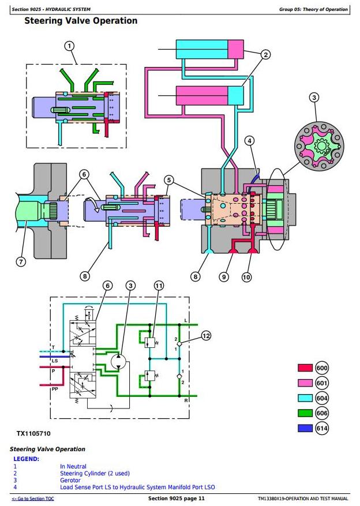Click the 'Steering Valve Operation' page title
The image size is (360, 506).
point(81,21)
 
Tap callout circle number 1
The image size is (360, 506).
point(69,46)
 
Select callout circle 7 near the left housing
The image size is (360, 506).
point(21,261)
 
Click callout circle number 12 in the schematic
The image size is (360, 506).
point(206,335)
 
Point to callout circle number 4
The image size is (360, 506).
point(249,141)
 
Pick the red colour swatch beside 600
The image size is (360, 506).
point(305,368)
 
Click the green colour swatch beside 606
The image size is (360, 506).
point(305,413)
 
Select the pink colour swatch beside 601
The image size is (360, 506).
point(305,383)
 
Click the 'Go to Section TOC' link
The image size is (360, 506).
point(33,498)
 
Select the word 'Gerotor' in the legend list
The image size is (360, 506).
point(70,480)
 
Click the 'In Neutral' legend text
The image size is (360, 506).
point(73,466)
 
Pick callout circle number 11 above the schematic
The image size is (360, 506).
point(159,286)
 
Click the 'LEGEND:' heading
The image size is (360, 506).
point(26,459)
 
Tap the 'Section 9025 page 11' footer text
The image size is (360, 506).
point(177,498)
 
